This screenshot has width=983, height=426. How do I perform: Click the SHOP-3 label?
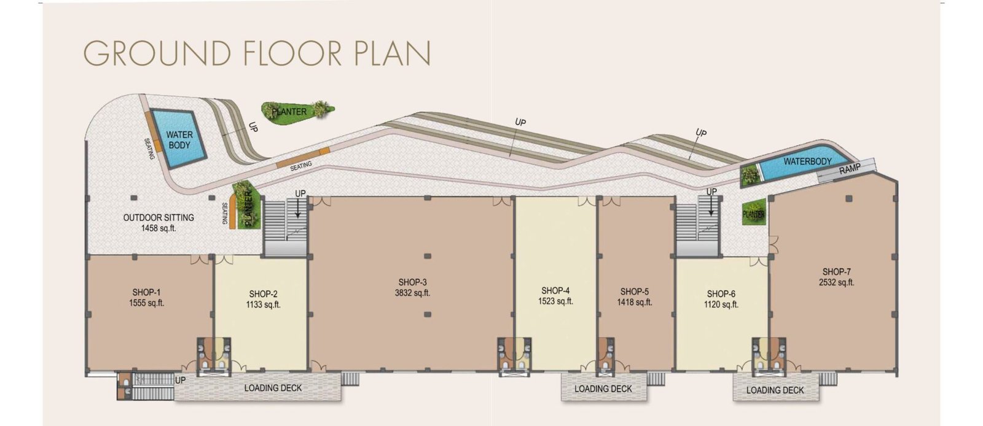point(412,282)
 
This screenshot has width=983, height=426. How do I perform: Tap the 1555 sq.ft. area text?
point(147,303)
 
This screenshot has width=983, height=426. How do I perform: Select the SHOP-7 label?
point(836,272)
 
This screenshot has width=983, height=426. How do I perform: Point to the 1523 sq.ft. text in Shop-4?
point(555,301)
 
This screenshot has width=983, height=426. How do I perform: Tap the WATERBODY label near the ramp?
point(807,161)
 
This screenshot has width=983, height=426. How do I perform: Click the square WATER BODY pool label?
point(179,140)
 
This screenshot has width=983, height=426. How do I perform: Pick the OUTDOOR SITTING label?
point(159,217)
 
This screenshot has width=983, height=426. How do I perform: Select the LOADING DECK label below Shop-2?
point(273,388)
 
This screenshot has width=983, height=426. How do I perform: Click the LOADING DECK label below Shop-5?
point(603,389)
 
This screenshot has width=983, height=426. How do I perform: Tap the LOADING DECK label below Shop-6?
point(775,390)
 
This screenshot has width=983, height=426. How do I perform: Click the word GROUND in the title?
point(157,53)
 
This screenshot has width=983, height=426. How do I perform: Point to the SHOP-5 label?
point(635,292)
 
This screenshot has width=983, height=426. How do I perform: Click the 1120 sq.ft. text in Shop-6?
point(721,304)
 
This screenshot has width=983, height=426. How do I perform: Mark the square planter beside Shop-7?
point(754,212)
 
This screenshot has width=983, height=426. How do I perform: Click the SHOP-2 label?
point(264,294)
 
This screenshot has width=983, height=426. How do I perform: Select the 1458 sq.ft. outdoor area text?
point(159,228)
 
